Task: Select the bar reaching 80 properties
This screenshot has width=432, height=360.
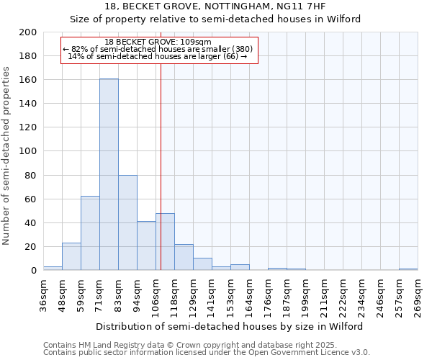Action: [127, 222]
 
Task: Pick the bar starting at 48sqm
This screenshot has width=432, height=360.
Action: [71, 256]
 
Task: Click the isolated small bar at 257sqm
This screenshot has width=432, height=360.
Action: [408, 269]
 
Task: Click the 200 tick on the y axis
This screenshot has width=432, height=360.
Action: [29, 32]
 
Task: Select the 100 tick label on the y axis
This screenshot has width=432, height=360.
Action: [29, 151]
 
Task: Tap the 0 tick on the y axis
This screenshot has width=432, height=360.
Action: [34, 271]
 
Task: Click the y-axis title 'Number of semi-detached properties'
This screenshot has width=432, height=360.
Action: [7, 156]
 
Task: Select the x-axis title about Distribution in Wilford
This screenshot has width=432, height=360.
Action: [230, 326]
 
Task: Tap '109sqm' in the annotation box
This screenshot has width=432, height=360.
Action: [197, 42]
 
